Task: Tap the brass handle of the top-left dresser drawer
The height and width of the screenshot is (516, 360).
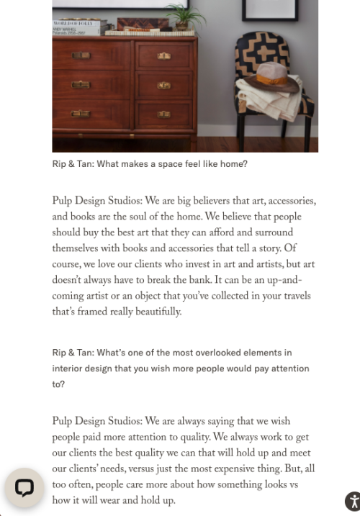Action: click(81, 55)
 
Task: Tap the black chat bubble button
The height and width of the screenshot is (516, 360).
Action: click(24, 487)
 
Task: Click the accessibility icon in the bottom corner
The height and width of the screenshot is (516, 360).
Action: click(351, 501)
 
